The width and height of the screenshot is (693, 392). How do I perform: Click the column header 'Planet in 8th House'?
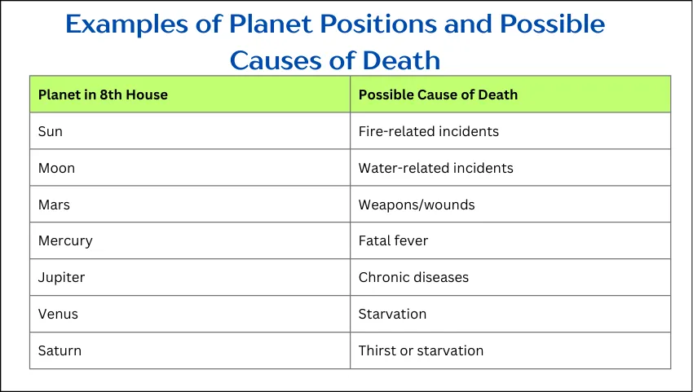pos(103,95)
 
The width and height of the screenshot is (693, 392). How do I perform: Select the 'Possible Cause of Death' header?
pos(438,95)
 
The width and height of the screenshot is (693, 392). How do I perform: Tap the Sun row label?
pos(51,131)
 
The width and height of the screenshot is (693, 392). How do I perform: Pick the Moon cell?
pos(56,168)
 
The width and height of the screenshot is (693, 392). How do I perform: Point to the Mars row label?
pos(54,205)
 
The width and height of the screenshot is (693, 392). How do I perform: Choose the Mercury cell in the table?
pos(65,241)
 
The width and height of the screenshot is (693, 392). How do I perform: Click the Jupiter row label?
pos(61,278)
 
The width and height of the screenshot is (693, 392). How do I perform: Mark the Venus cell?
pos(58,314)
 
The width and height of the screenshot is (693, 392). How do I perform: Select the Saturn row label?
pos(60,350)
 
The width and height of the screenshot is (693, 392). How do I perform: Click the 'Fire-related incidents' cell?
pos(429,131)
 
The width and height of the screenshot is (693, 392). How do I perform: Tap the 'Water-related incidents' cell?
pos(436,168)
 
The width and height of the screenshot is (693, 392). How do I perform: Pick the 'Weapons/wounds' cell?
pos(417,205)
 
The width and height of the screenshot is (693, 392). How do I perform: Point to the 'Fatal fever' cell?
pos(393,241)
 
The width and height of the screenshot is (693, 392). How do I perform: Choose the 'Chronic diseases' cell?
pos(413,278)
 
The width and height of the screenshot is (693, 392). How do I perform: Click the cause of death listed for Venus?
pos(392,314)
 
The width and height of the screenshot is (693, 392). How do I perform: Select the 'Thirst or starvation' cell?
pos(422,350)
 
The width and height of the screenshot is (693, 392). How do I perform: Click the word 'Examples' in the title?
pos(127,24)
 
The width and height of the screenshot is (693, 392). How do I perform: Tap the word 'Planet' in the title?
pos(271,24)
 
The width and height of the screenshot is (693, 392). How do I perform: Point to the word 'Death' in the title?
pos(401,60)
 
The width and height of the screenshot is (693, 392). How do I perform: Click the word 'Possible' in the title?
pos(553,24)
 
